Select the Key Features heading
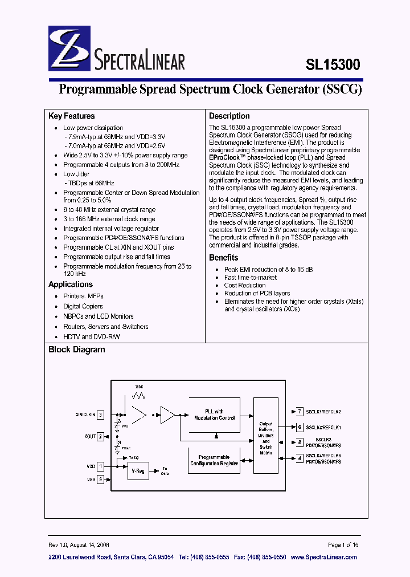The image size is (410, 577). click(x=72, y=116)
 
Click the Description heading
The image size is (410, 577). click(x=229, y=116)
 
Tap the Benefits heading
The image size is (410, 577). click(x=223, y=258)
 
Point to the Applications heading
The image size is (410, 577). click(x=71, y=285)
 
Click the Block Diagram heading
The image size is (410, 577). click(x=77, y=350)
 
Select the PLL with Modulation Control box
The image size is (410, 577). click(x=214, y=415)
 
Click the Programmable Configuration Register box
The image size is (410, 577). click(x=214, y=460)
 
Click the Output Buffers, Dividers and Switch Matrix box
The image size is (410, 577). click(x=266, y=435)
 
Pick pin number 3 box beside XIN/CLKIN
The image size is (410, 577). click(x=100, y=415)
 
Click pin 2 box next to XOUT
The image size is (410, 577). click(x=100, y=437)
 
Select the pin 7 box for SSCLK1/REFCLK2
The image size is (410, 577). click(x=299, y=411)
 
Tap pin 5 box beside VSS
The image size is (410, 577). click(x=100, y=480)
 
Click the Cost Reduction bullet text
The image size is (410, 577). click(x=245, y=285)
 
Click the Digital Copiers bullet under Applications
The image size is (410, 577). click(x=83, y=306)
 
